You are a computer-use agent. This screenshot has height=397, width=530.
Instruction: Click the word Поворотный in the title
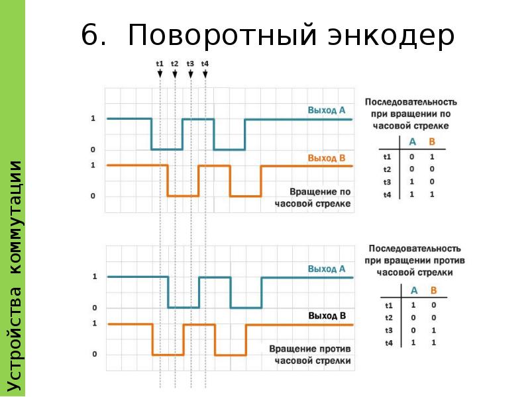tap(223, 35)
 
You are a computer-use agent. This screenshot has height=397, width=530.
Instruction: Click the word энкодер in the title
tap(391, 36)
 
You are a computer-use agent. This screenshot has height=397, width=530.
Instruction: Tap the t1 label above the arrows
tap(160, 64)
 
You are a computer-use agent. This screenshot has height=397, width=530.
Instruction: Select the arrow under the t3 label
tap(191, 74)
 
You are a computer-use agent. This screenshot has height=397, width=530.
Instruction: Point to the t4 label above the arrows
tap(205, 64)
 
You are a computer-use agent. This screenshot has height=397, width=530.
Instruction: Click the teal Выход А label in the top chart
tap(327, 110)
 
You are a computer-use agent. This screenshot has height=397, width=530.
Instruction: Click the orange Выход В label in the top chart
tap(327, 158)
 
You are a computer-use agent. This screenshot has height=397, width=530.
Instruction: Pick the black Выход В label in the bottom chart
tap(327, 316)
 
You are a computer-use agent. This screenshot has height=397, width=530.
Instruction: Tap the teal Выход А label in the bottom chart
tap(327, 269)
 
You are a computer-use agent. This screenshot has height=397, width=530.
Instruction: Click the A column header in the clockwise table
tap(412, 142)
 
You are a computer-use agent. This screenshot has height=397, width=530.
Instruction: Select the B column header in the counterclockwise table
tap(434, 290)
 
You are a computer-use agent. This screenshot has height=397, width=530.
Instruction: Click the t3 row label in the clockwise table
tap(387, 182)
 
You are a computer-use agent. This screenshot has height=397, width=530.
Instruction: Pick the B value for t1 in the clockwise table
tap(432, 157)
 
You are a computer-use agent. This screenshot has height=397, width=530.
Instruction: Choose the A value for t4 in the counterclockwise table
tap(413, 342)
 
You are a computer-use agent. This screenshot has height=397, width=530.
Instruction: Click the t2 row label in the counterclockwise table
tap(389, 318)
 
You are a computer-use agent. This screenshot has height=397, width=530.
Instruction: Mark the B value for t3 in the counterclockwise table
tap(434, 330)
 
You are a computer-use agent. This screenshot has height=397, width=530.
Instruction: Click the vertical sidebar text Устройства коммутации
tap(14, 276)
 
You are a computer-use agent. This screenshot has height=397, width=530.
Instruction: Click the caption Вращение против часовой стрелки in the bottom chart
tap(310, 355)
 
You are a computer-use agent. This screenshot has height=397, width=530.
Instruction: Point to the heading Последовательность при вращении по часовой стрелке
tap(411, 114)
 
